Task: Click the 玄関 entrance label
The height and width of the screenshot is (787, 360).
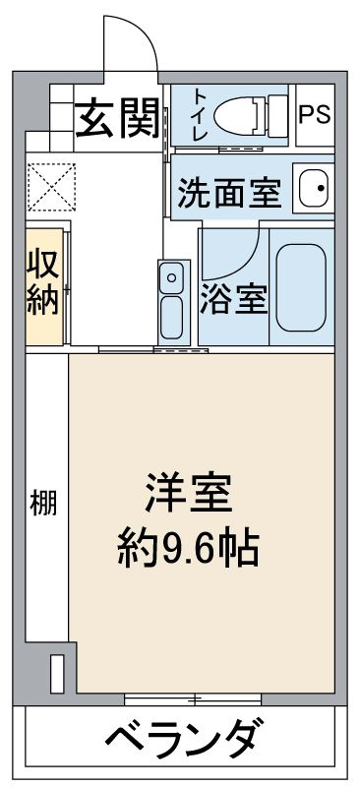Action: tap(118, 119)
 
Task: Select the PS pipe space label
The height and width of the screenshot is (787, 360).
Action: tap(315, 114)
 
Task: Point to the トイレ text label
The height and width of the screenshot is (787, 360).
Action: tap(200, 115)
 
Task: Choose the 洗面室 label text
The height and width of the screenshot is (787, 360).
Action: tap(229, 193)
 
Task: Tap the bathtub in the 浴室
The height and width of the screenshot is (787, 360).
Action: tap(301, 287)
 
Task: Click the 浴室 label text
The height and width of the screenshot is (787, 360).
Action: tap(233, 300)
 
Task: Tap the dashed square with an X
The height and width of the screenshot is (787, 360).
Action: tap(51, 187)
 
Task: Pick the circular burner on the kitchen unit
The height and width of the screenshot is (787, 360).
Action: tap(172, 277)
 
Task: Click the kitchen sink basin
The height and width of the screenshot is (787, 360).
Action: tap(172, 317)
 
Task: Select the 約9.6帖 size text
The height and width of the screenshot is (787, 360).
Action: tap(188, 549)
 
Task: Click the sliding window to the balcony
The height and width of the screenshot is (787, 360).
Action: tap(193, 698)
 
